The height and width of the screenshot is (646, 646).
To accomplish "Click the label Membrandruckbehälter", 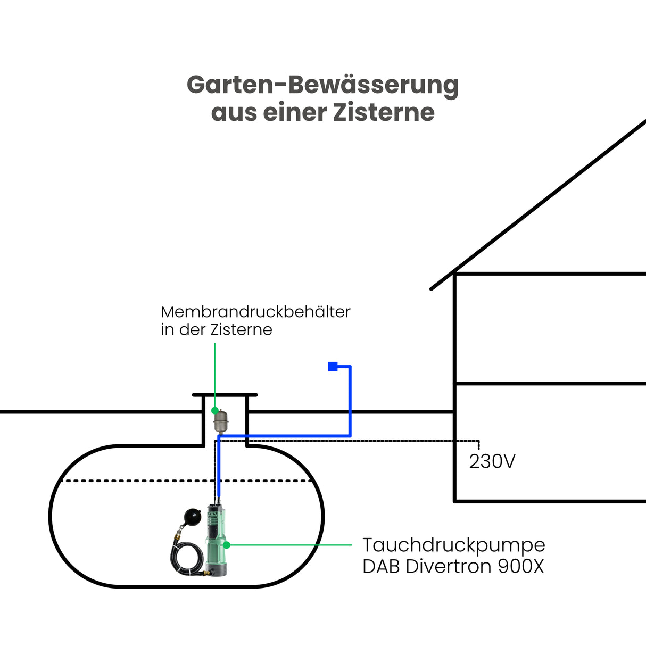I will (255, 312).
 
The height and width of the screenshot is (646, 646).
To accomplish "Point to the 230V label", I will (492, 461).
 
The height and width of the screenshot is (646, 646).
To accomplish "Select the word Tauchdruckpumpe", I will (453, 545).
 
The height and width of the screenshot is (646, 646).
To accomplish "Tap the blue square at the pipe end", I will (333, 366).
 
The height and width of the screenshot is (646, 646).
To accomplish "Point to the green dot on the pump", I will (227, 545).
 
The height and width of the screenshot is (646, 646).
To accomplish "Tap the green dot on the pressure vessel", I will (215, 411).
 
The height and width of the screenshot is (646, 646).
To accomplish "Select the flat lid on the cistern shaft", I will (225, 395).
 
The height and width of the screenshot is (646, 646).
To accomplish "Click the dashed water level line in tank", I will (133, 481).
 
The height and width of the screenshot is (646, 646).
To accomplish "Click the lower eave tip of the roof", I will (432, 288).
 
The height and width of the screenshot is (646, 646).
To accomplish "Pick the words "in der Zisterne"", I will (217, 330).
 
